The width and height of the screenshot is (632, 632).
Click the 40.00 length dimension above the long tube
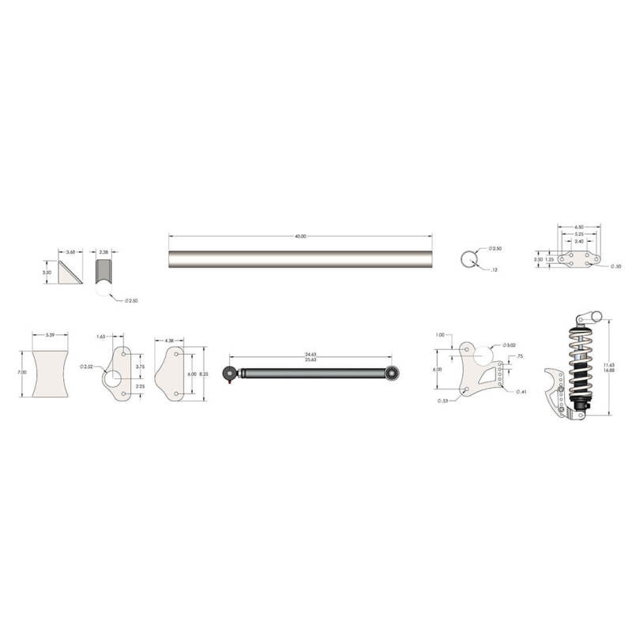pyautogui.click(x=299, y=236)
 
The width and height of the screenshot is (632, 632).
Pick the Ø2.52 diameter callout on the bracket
pyautogui.click(x=87, y=367)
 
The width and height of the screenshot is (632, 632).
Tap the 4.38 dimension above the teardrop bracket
pyautogui.click(x=170, y=340)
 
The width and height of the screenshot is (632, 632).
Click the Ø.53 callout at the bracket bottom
pyautogui.click(x=443, y=401)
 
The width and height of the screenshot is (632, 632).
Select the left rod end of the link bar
pyautogui.click(x=231, y=373)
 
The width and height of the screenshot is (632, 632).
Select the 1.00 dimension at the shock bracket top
pyautogui.click(x=439, y=334)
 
